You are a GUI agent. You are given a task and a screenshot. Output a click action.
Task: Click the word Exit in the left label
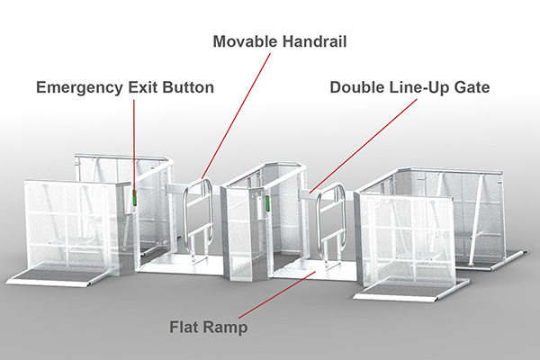point(143,88)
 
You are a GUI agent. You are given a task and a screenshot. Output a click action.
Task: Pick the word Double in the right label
point(357,88)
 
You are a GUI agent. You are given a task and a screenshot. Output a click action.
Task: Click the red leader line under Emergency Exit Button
point(133,144)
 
